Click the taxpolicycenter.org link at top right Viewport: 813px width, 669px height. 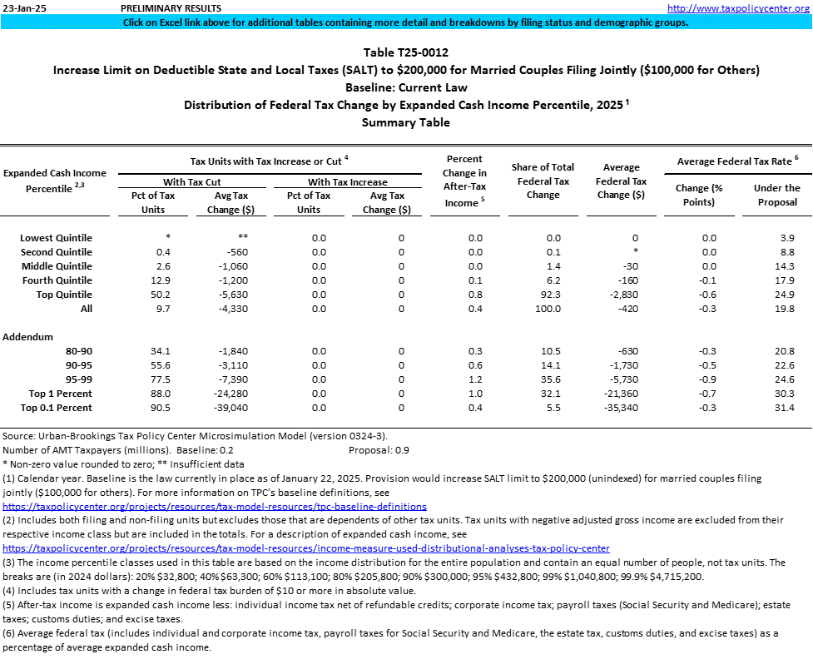(739, 7)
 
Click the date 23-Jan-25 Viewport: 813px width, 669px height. (19, 7)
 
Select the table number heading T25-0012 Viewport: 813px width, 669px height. (406, 52)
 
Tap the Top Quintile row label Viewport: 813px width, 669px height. (64, 295)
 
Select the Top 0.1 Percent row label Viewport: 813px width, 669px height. (60, 408)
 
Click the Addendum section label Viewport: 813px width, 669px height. (28, 337)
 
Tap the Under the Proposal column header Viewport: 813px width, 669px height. (776, 195)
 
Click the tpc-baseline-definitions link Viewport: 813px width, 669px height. (215, 506)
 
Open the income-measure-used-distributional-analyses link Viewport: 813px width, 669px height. (306, 548)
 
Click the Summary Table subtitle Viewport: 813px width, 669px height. (406, 122)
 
